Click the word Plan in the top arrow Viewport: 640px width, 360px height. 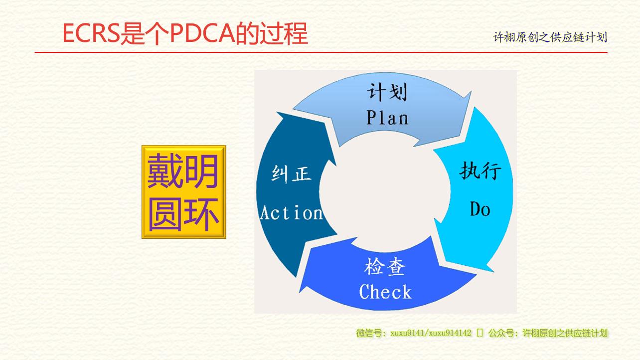387,118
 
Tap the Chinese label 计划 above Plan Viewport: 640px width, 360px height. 387,92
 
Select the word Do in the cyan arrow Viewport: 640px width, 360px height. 480,209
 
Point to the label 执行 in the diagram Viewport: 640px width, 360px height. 480,171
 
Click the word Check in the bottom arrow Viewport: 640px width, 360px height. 385,292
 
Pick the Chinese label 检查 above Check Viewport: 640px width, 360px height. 385,267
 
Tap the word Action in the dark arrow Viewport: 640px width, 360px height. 291,213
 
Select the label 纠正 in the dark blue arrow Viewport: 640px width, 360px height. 291,174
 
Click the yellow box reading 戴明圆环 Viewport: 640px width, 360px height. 184,192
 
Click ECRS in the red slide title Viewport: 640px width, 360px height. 91,33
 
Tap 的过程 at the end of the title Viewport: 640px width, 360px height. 272,33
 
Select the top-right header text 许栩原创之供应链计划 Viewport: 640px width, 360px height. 550,37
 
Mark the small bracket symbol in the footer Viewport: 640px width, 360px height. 480,333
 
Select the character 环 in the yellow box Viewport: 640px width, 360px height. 201,214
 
